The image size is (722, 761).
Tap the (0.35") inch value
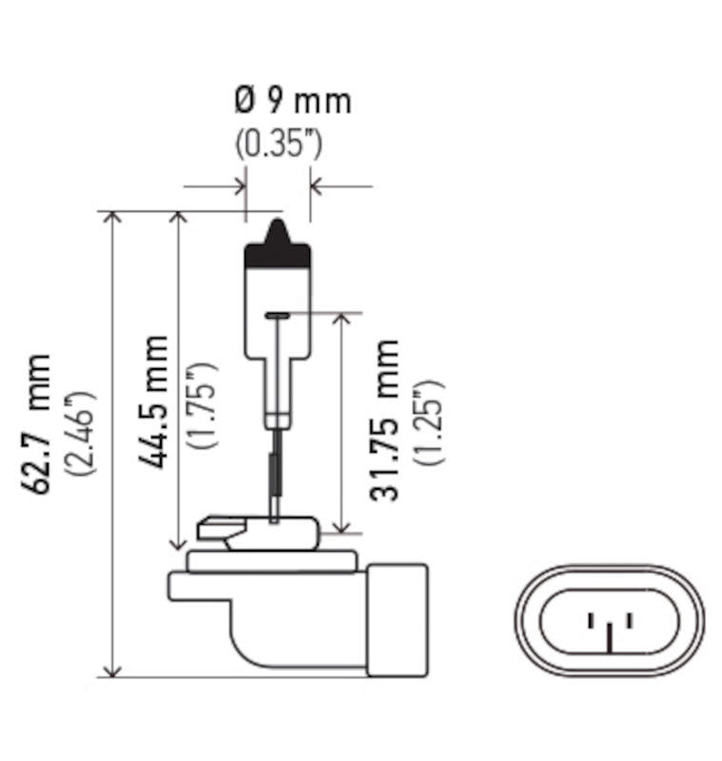click(x=279, y=145)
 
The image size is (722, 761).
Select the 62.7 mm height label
click(x=39, y=423)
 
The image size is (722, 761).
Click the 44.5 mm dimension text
click(x=152, y=400)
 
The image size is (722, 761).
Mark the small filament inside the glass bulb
click(x=278, y=315)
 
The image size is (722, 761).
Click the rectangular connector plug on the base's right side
click(x=397, y=619)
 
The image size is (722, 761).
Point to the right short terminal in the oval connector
click(x=628, y=621)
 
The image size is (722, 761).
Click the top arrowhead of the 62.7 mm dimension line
click(x=113, y=219)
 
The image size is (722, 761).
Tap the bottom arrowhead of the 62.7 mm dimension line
click(x=113, y=669)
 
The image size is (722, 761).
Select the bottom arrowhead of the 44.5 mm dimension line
click(x=178, y=542)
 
